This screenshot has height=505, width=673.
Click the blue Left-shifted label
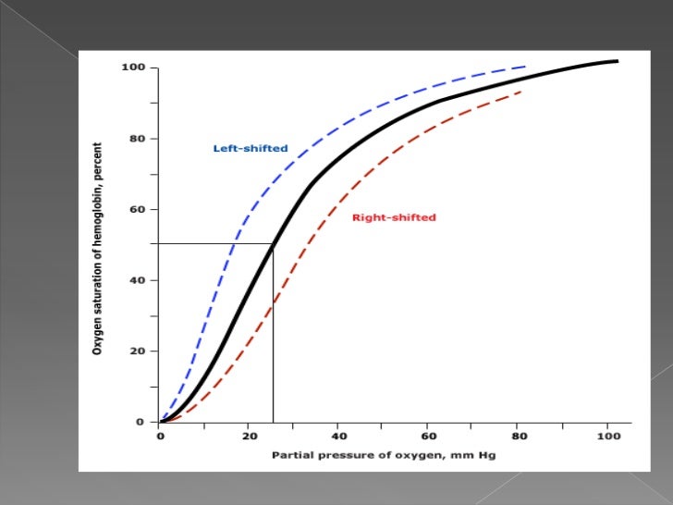click(x=251, y=148)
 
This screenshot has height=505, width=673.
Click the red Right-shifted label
click(x=394, y=217)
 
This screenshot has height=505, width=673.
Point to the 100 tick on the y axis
click(x=134, y=68)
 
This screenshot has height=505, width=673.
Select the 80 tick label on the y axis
click(x=137, y=139)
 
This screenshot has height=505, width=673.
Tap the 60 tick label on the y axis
click(x=137, y=209)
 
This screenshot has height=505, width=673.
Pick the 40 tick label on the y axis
click(x=137, y=280)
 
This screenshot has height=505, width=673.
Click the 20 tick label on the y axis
click(x=137, y=351)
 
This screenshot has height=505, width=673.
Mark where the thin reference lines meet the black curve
click(x=273, y=244)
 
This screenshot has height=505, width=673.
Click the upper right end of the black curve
click(x=616, y=61)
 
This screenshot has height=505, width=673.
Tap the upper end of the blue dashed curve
click(x=525, y=67)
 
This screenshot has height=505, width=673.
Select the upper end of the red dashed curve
click(x=522, y=91)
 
